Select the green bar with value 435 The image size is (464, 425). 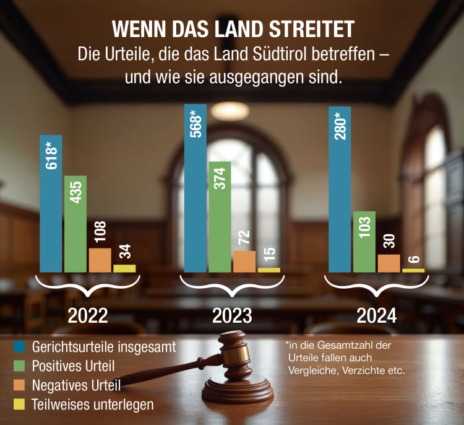click(x=75, y=224)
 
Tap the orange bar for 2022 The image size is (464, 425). click(x=100, y=260)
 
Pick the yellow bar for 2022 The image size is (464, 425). click(x=124, y=268)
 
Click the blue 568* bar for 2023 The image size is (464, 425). click(x=195, y=188)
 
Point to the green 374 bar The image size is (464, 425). click(x=220, y=217)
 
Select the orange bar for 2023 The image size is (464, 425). click(x=244, y=261)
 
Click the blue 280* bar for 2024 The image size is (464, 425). click(x=340, y=190)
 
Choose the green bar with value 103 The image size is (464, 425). click(x=364, y=242)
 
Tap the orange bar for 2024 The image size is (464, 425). click(x=389, y=263)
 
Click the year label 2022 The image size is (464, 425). click(x=87, y=316)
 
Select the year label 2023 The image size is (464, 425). click(x=232, y=316)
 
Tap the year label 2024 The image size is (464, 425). click(x=376, y=316)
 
